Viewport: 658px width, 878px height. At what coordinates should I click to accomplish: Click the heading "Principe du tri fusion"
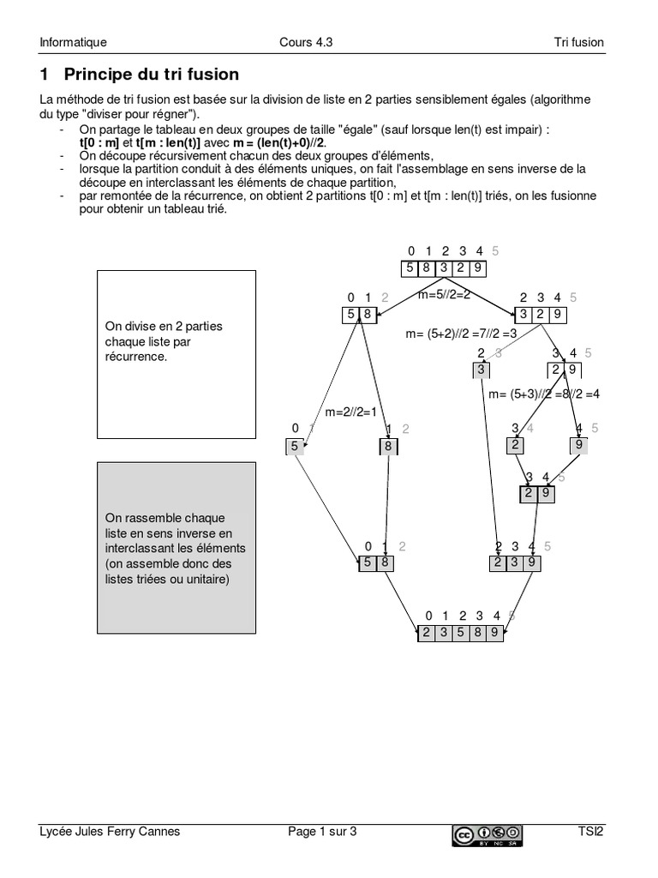(151, 75)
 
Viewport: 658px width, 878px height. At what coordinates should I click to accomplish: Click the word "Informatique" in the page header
(73, 42)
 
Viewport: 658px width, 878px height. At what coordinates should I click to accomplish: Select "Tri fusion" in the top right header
(578, 42)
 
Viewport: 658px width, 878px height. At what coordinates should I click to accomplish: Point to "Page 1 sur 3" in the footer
(321, 831)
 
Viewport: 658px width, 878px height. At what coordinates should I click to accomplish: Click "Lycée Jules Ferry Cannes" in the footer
(110, 831)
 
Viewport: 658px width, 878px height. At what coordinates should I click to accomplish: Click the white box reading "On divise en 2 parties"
(176, 355)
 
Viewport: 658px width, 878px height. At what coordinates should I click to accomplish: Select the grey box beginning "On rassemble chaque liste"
(176, 547)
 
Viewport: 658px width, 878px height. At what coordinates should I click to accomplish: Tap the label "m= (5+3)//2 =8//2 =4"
(543, 394)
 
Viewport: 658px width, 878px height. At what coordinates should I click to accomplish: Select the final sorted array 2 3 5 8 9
(461, 634)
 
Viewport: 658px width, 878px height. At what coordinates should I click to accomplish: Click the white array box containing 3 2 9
(540, 315)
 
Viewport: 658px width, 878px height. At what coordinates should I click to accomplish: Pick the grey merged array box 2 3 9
(515, 563)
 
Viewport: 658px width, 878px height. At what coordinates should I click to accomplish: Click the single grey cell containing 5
(295, 446)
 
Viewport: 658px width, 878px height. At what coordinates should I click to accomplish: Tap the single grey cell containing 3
(481, 370)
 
